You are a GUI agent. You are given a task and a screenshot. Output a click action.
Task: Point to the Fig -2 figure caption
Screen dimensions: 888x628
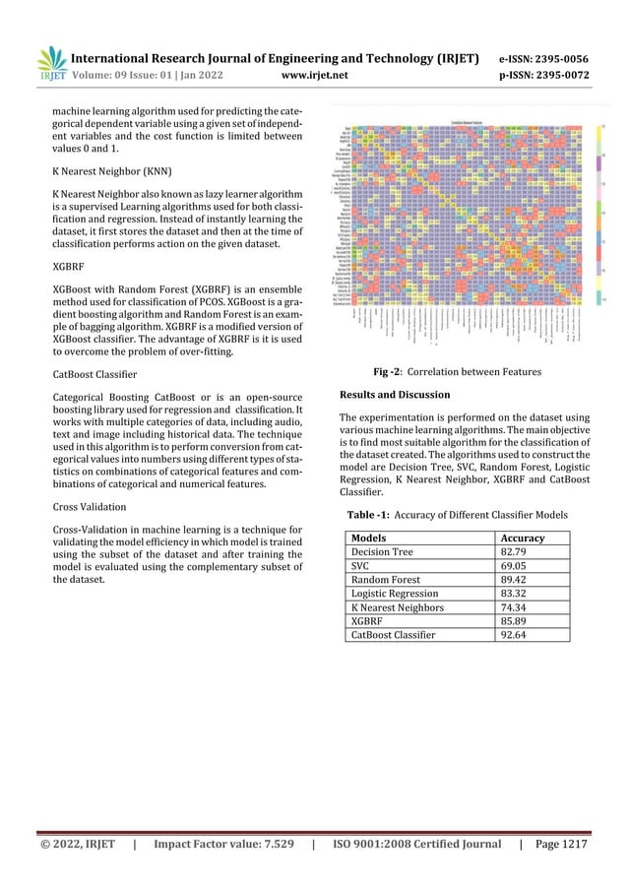pos(458,372)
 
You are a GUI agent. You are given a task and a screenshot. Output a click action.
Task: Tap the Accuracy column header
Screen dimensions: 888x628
pos(523,539)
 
